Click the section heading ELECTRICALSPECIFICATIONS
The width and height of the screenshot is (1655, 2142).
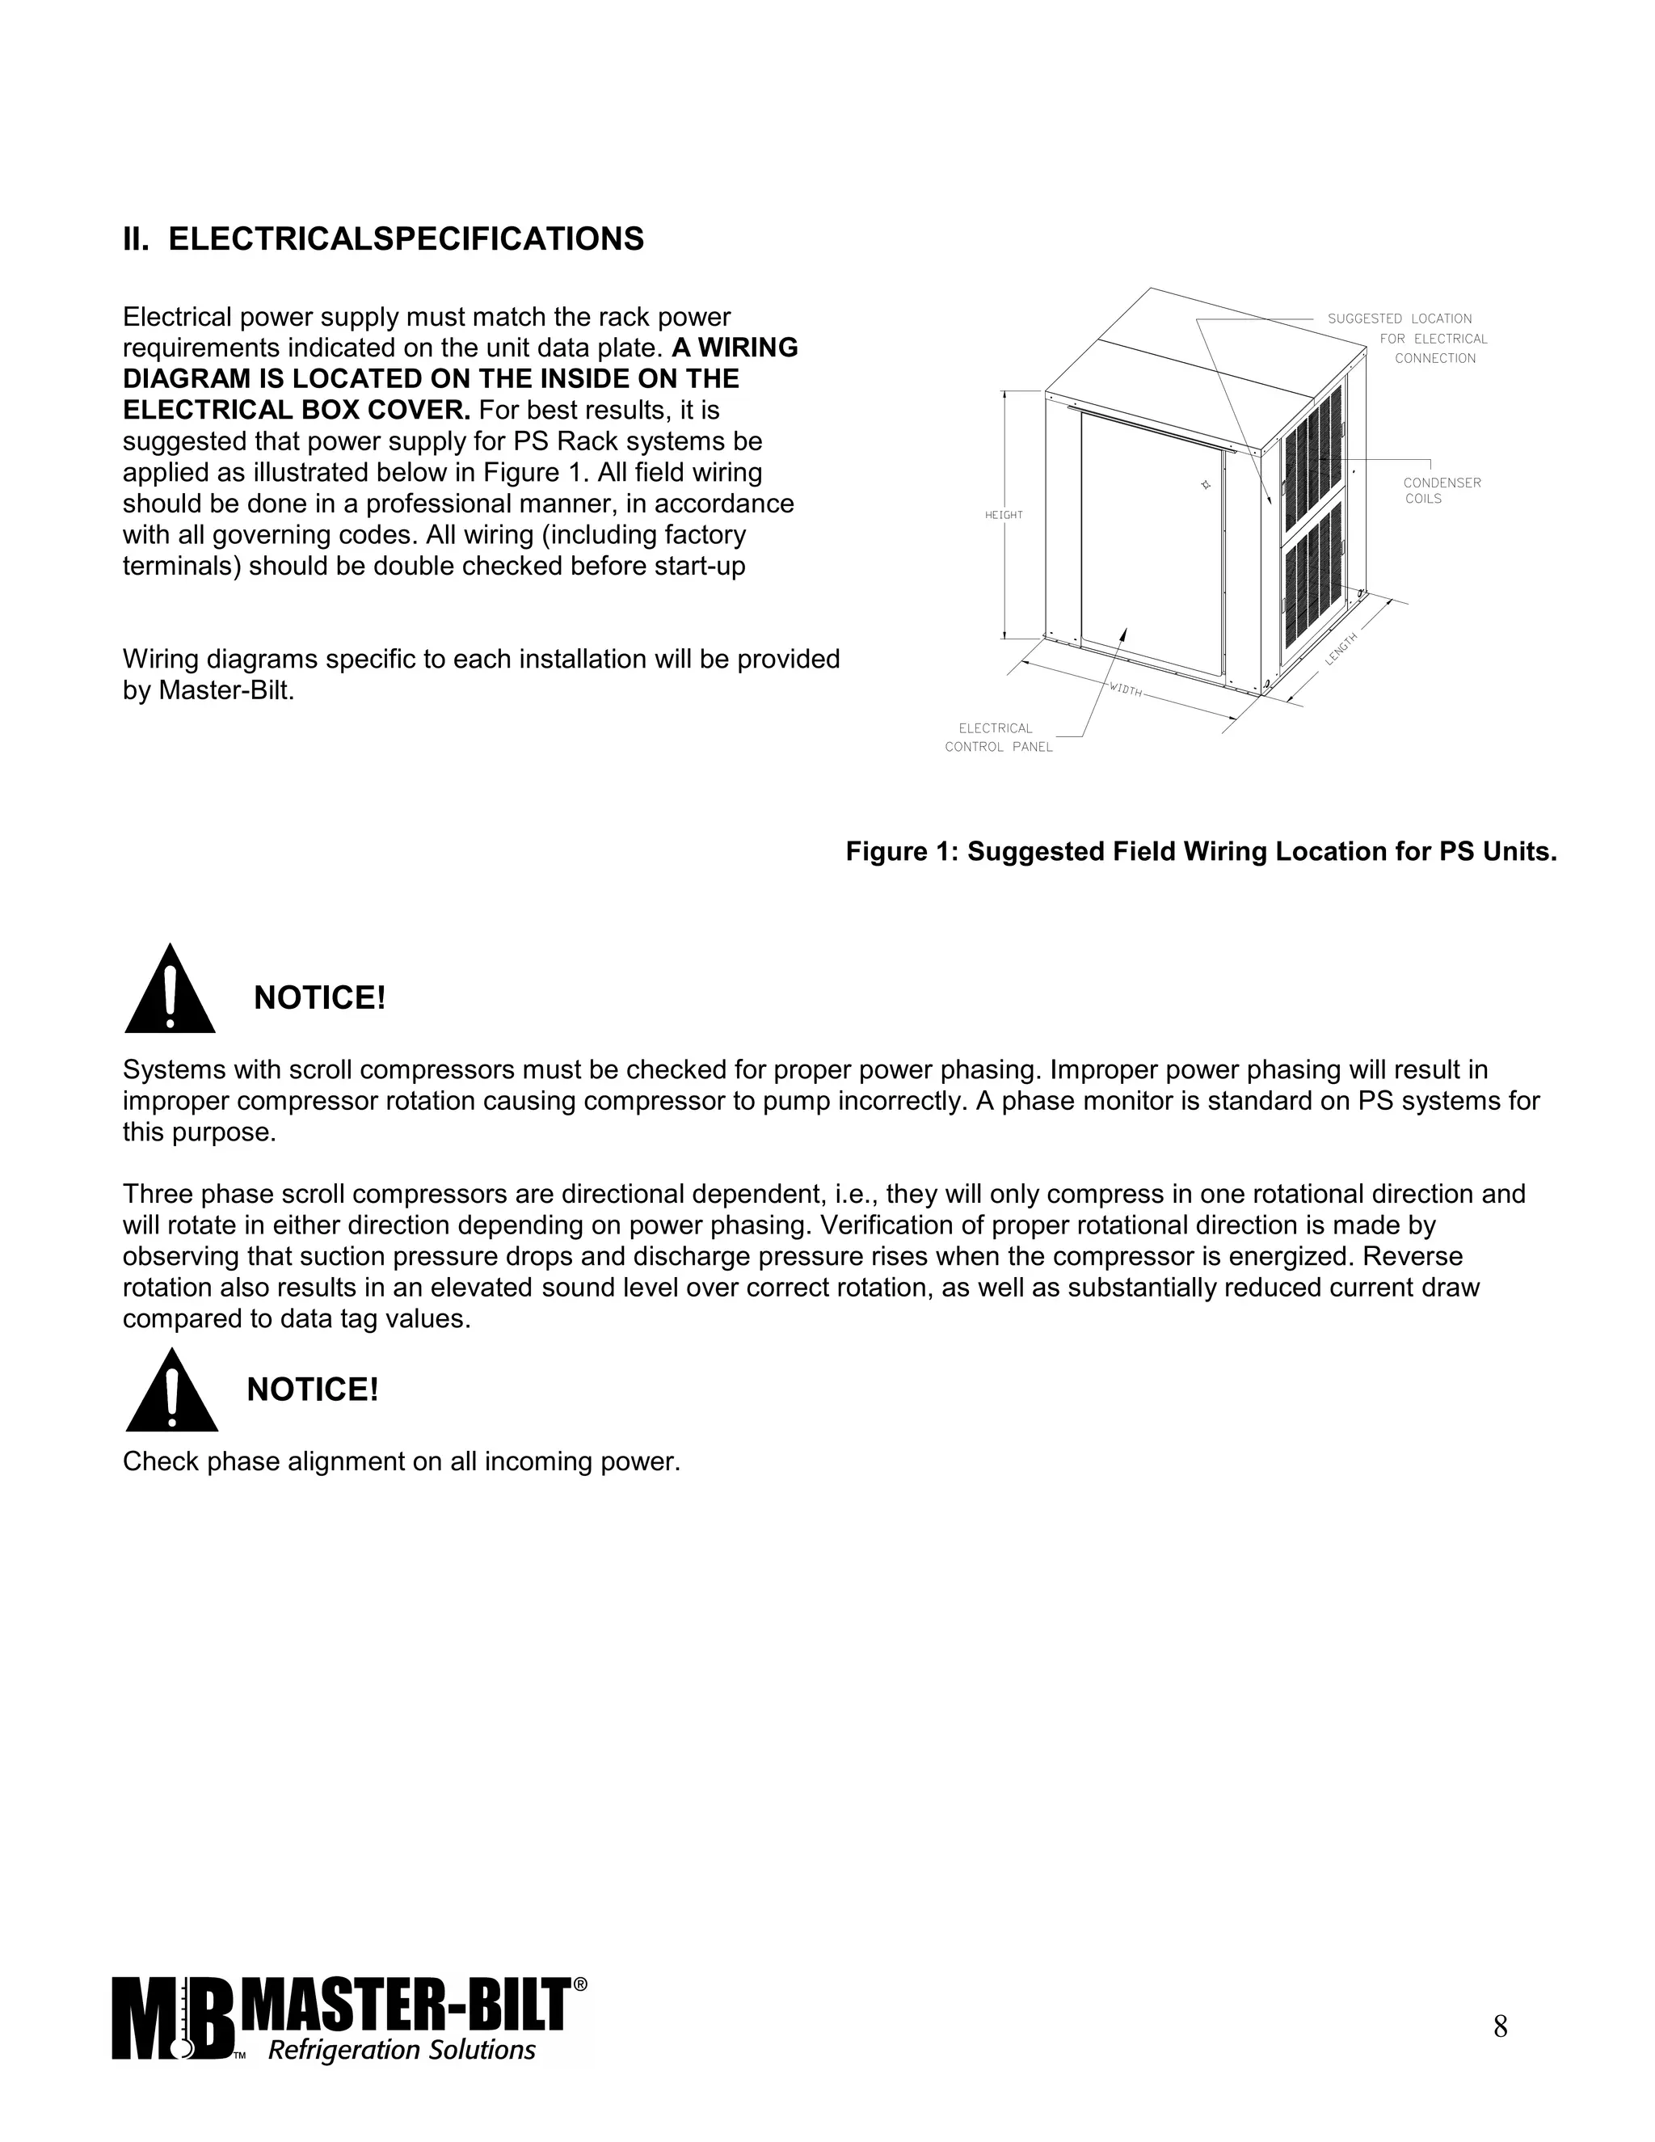(x=406, y=239)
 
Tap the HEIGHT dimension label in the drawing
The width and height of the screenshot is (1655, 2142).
(x=1003, y=515)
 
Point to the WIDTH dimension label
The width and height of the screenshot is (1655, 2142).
(x=1126, y=689)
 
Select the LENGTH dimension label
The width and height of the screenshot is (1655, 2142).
(x=1341, y=649)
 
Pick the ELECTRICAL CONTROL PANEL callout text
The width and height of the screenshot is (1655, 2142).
(x=998, y=737)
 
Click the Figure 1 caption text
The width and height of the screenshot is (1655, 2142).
(x=1201, y=851)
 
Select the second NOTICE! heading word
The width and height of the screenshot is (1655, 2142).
(x=312, y=1389)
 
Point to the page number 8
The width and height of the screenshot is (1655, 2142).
(x=1500, y=2026)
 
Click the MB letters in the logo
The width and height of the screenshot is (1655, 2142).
(x=173, y=2018)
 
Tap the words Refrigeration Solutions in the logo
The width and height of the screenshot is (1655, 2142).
(x=402, y=2050)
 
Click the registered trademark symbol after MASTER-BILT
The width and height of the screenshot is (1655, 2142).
(x=579, y=1984)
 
